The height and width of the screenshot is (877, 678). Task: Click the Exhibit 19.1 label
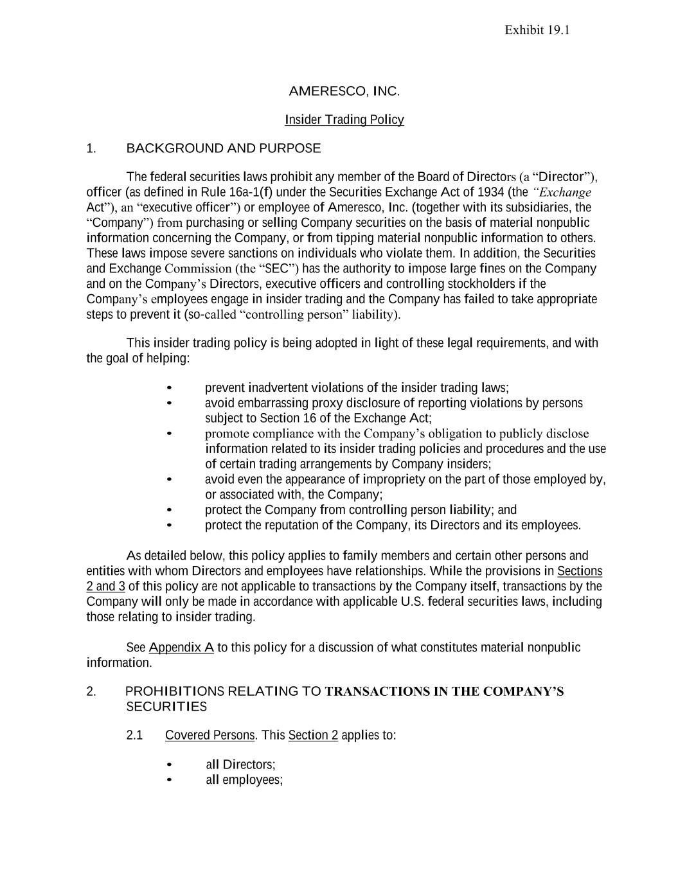(537, 30)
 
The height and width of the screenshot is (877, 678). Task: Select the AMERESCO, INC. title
(344, 91)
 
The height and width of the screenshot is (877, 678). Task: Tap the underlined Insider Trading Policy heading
(344, 120)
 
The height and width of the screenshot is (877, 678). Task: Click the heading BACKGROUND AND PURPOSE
(224, 148)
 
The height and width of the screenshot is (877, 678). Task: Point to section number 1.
(91, 148)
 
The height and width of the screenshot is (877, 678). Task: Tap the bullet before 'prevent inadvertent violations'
(169, 388)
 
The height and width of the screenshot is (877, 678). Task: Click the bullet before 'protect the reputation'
(169, 526)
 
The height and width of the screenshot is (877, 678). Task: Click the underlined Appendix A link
(181, 648)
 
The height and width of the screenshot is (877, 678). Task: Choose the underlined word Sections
(580, 571)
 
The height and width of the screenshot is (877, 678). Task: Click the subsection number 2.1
(134, 735)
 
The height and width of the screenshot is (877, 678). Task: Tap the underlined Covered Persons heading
(210, 735)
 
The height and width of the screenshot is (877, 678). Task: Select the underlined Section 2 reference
(313, 735)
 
